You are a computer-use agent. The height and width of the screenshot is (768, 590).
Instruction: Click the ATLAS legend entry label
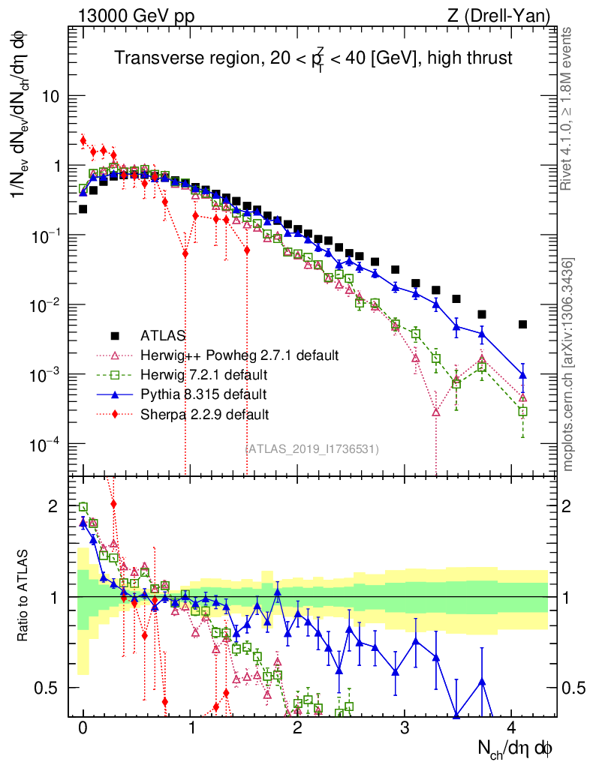(165, 335)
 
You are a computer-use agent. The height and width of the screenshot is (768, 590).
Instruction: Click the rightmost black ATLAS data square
(522, 325)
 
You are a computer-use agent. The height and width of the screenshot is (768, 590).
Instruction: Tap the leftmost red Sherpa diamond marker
(83, 140)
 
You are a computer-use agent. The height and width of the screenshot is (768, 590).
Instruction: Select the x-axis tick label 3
(405, 728)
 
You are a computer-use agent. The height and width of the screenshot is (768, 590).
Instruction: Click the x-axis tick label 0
(83, 728)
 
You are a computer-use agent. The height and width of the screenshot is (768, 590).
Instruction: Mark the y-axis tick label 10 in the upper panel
(50, 97)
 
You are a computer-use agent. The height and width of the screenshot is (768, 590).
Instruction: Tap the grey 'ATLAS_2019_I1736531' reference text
(312, 449)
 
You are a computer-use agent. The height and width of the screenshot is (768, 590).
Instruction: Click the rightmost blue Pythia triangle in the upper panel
(522, 374)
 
